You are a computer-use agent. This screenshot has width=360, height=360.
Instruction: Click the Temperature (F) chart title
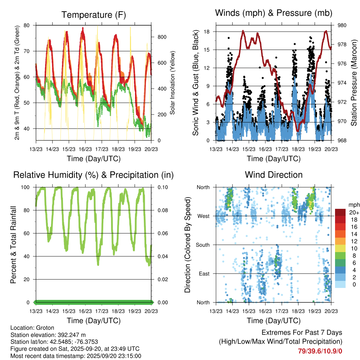click(94, 15)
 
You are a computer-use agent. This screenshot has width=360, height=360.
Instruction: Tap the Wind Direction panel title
click(274, 175)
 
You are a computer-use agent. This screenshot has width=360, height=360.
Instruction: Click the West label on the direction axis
click(203, 216)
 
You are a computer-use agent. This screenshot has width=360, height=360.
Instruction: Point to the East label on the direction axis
click(204, 274)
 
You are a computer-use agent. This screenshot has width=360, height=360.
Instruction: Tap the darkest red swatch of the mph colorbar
click(340, 212)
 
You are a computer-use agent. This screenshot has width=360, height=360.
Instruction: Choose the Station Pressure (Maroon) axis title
click(354, 82)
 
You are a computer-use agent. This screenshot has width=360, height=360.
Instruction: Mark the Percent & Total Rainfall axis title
click(13, 245)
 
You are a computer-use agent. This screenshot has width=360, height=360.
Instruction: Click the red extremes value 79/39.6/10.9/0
click(320, 351)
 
